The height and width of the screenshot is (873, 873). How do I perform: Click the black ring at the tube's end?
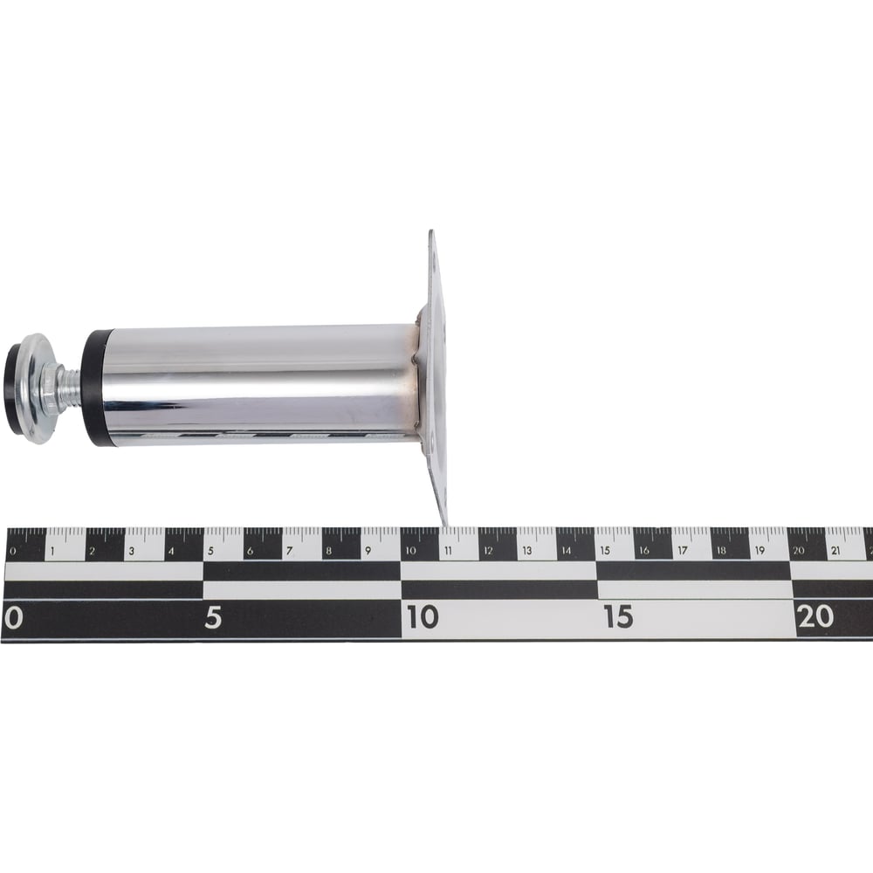93,388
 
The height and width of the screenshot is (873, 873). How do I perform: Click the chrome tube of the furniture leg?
260,385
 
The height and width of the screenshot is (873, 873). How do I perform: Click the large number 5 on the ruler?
213,617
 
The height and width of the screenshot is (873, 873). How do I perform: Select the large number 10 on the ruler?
422,617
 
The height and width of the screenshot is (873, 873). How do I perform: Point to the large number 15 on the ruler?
618,616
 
